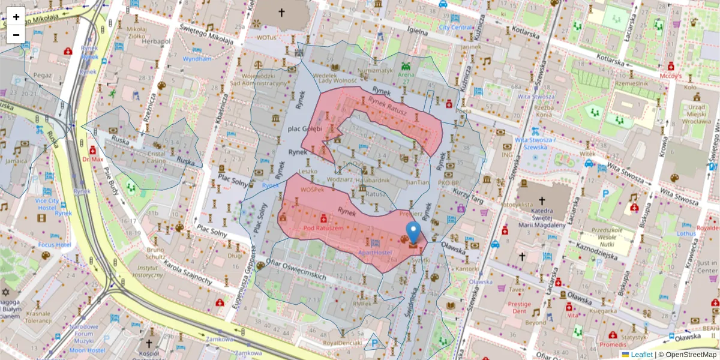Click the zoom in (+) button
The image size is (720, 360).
[x=16, y=17]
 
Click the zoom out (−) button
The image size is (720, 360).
[x=16, y=35]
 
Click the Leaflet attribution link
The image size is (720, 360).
[x=641, y=355]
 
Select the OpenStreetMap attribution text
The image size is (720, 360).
[x=687, y=355]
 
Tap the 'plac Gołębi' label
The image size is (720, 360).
[x=305, y=128]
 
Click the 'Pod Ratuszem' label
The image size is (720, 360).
[x=323, y=229]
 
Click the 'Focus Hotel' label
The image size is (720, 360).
[x=55, y=245]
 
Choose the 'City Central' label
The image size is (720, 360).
[x=456, y=27]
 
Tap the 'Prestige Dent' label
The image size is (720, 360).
[x=519, y=308]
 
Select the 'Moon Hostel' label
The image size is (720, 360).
[x=86, y=350]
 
